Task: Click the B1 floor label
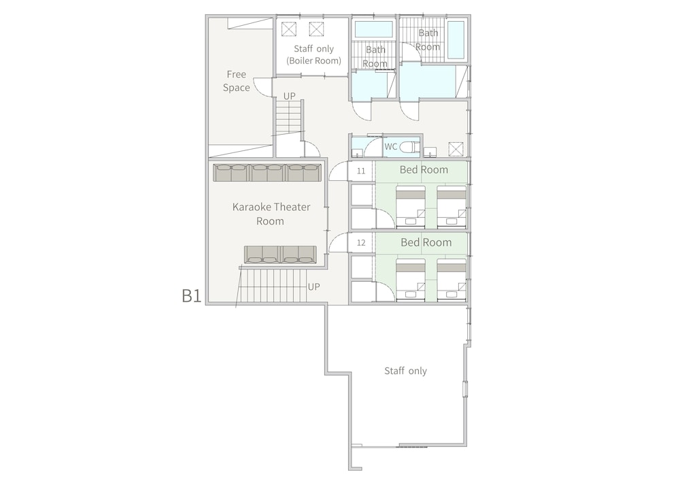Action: (191, 296)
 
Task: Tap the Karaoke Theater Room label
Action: (271, 214)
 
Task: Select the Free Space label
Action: (237, 81)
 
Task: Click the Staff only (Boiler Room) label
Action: (313, 54)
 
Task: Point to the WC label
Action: (390, 146)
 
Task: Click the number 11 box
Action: (361, 171)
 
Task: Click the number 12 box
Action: (361, 243)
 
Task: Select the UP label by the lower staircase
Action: (313, 286)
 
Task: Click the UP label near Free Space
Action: (289, 96)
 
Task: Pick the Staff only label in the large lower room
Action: (405, 371)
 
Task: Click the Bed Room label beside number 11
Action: (424, 169)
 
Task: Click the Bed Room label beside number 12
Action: (426, 242)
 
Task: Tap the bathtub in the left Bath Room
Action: (374, 29)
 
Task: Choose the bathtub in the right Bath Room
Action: (456, 39)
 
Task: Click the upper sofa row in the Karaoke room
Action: (267, 173)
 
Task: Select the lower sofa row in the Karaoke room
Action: (280, 254)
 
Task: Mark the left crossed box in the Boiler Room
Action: (288, 29)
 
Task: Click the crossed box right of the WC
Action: (456, 149)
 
